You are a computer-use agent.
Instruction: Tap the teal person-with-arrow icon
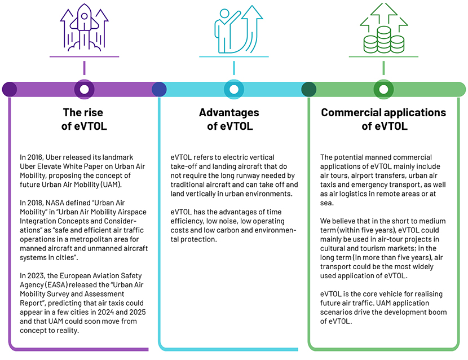pyautogui.click(x=238, y=29)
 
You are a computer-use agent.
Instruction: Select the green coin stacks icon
pyautogui.click(x=384, y=28)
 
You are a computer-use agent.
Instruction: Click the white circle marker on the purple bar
pyautogui.click(x=84, y=89)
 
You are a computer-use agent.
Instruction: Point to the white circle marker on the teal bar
pyautogui.click(x=234, y=89)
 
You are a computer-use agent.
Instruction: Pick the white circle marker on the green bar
pyautogui.click(x=383, y=89)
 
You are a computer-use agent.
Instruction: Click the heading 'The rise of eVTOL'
pyautogui.click(x=84, y=119)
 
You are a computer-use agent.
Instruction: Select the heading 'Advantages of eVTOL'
pyautogui.click(x=229, y=119)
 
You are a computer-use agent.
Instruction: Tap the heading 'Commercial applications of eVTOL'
pyautogui.click(x=383, y=119)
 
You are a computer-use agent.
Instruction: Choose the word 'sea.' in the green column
pyautogui.click(x=327, y=203)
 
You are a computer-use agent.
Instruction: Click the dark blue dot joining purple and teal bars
pyautogui.click(x=159, y=89)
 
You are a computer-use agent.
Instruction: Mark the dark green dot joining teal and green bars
pyautogui.click(x=308, y=89)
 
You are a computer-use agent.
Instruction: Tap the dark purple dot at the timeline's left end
pyautogui.click(x=10, y=89)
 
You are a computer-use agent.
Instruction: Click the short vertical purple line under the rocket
pyautogui.click(x=84, y=68)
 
